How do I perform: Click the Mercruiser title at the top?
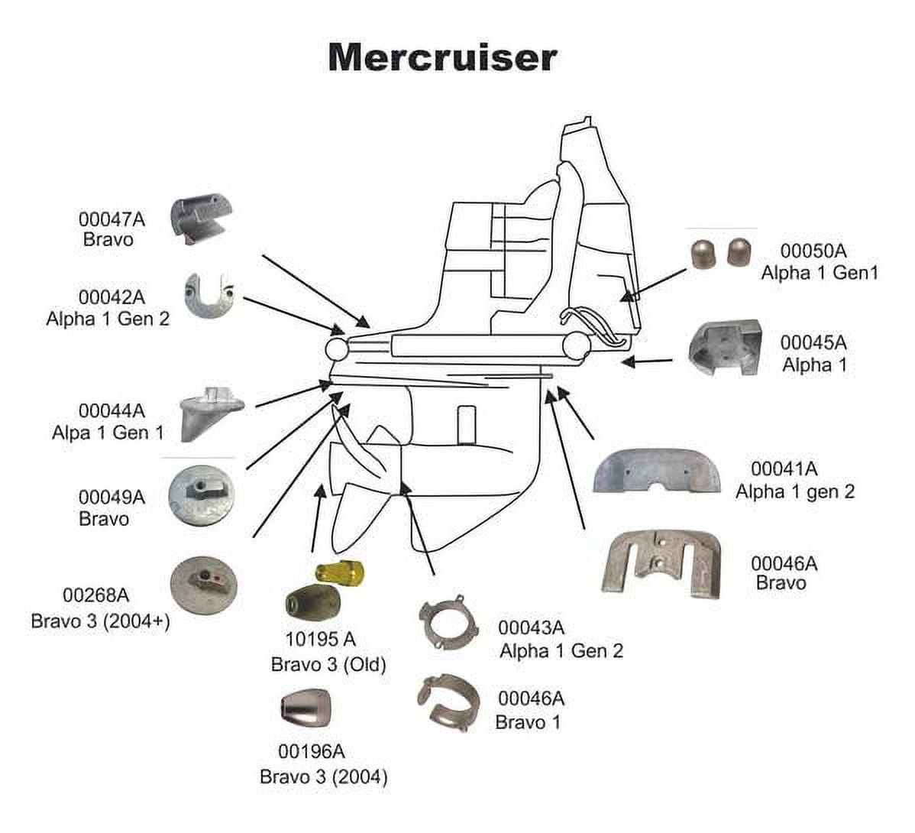tap(442, 58)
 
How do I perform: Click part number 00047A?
tap(112, 219)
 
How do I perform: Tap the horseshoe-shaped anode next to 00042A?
tap(209, 294)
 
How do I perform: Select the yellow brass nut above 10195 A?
tap(340, 570)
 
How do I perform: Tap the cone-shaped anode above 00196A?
tap(306, 710)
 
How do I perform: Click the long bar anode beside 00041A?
tap(656, 472)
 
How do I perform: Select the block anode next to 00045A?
tap(726, 348)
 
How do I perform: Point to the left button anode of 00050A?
tap(703, 253)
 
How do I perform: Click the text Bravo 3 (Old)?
tap(328, 664)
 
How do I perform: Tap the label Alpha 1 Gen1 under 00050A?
tap(820, 273)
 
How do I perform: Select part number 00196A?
tap(312, 751)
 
